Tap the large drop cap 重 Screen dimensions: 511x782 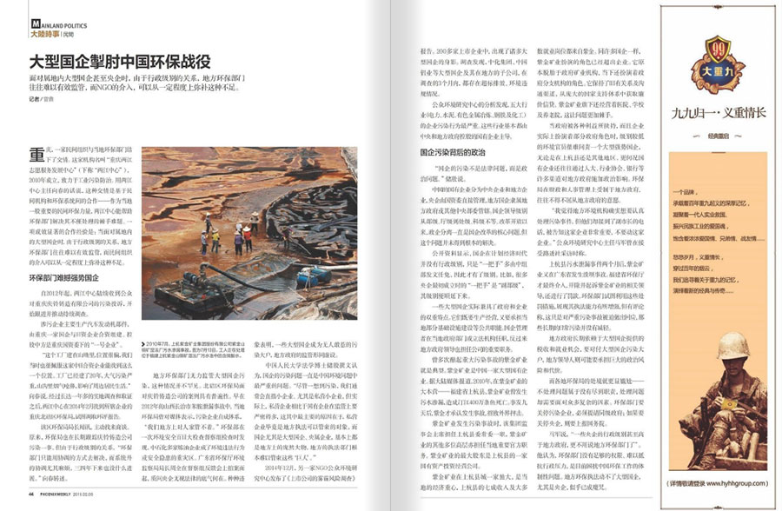[36, 155]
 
